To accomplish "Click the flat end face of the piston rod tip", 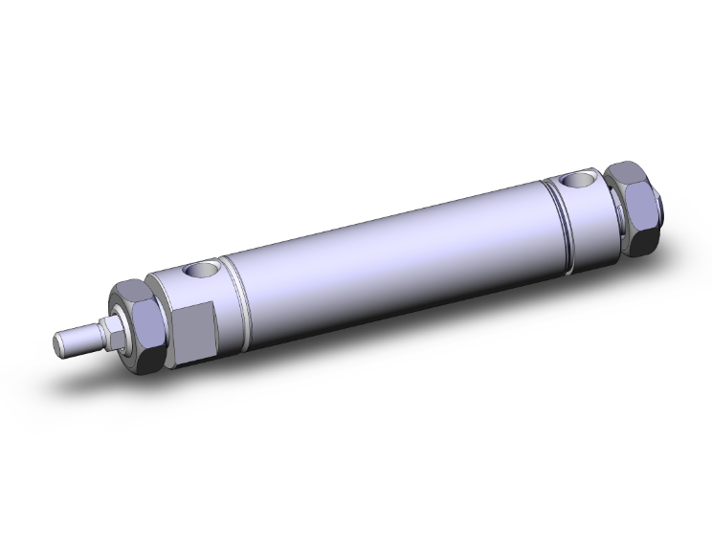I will pos(58,341).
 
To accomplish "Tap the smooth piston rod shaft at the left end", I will pos(80,338).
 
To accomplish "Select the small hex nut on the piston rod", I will pos(112,330).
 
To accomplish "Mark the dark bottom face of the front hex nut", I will pos(153,360).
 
